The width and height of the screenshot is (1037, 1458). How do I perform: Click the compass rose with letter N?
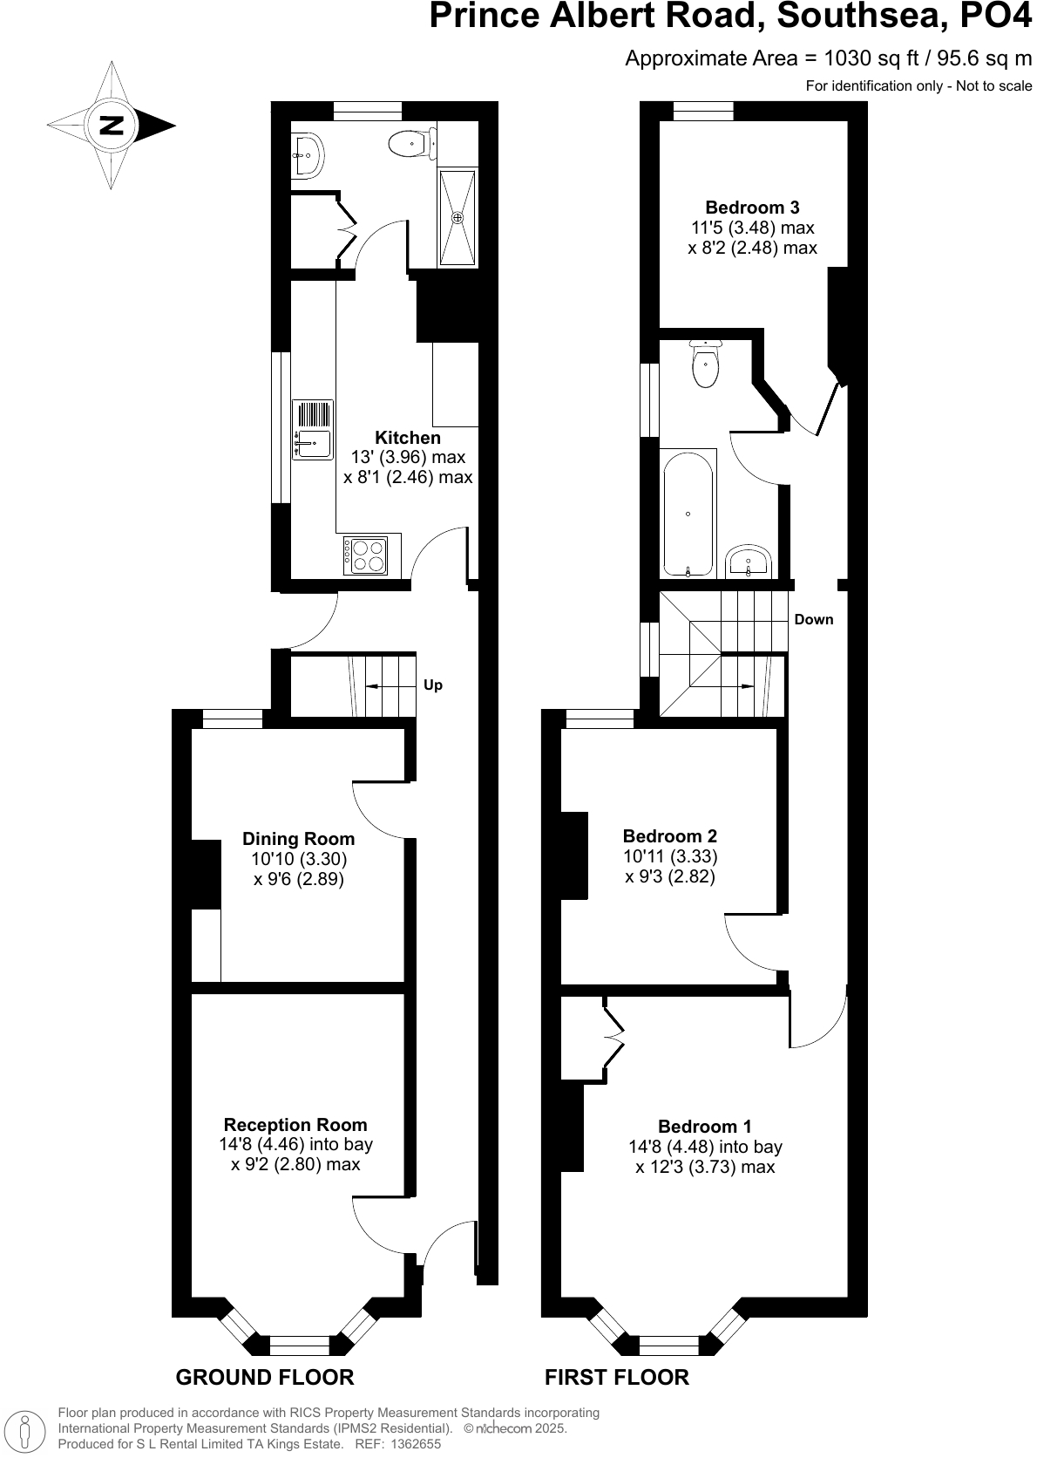pos(111,125)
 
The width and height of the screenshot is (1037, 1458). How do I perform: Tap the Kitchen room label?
pos(408,438)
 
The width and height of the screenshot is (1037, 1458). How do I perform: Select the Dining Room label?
pos(298,839)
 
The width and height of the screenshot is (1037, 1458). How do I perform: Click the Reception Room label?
pos(295,1125)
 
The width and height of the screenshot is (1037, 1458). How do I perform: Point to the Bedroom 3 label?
pos(752,208)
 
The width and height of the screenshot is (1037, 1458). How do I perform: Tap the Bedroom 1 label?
pos(705,1127)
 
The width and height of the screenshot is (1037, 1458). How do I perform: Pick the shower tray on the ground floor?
pos(457,217)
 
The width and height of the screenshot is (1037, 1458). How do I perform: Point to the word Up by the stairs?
pos(433,685)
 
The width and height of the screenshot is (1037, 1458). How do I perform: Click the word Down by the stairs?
pos(814,619)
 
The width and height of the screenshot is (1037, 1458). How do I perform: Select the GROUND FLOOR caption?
pos(265,1377)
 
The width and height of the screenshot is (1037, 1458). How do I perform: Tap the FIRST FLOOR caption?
pos(617,1377)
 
